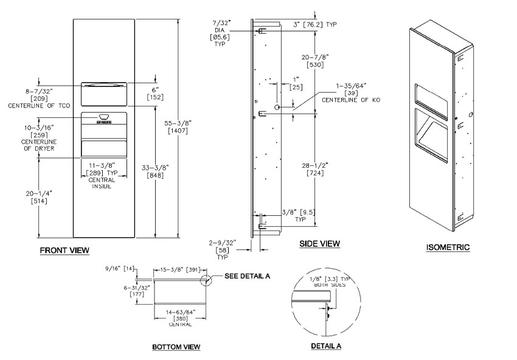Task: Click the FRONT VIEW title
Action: (x=64, y=250)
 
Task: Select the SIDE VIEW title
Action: (x=319, y=244)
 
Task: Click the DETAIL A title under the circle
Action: (x=326, y=346)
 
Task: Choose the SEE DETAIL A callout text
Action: (x=247, y=275)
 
